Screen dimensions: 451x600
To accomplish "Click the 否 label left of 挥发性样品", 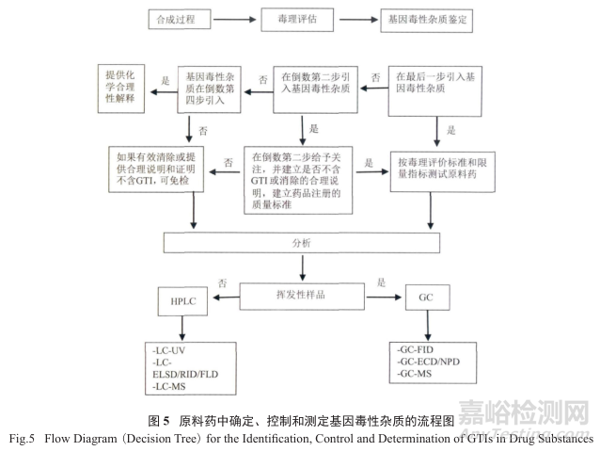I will click(x=222, y=282).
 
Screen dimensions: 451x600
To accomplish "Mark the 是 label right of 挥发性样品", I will click(x=381, y=282).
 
